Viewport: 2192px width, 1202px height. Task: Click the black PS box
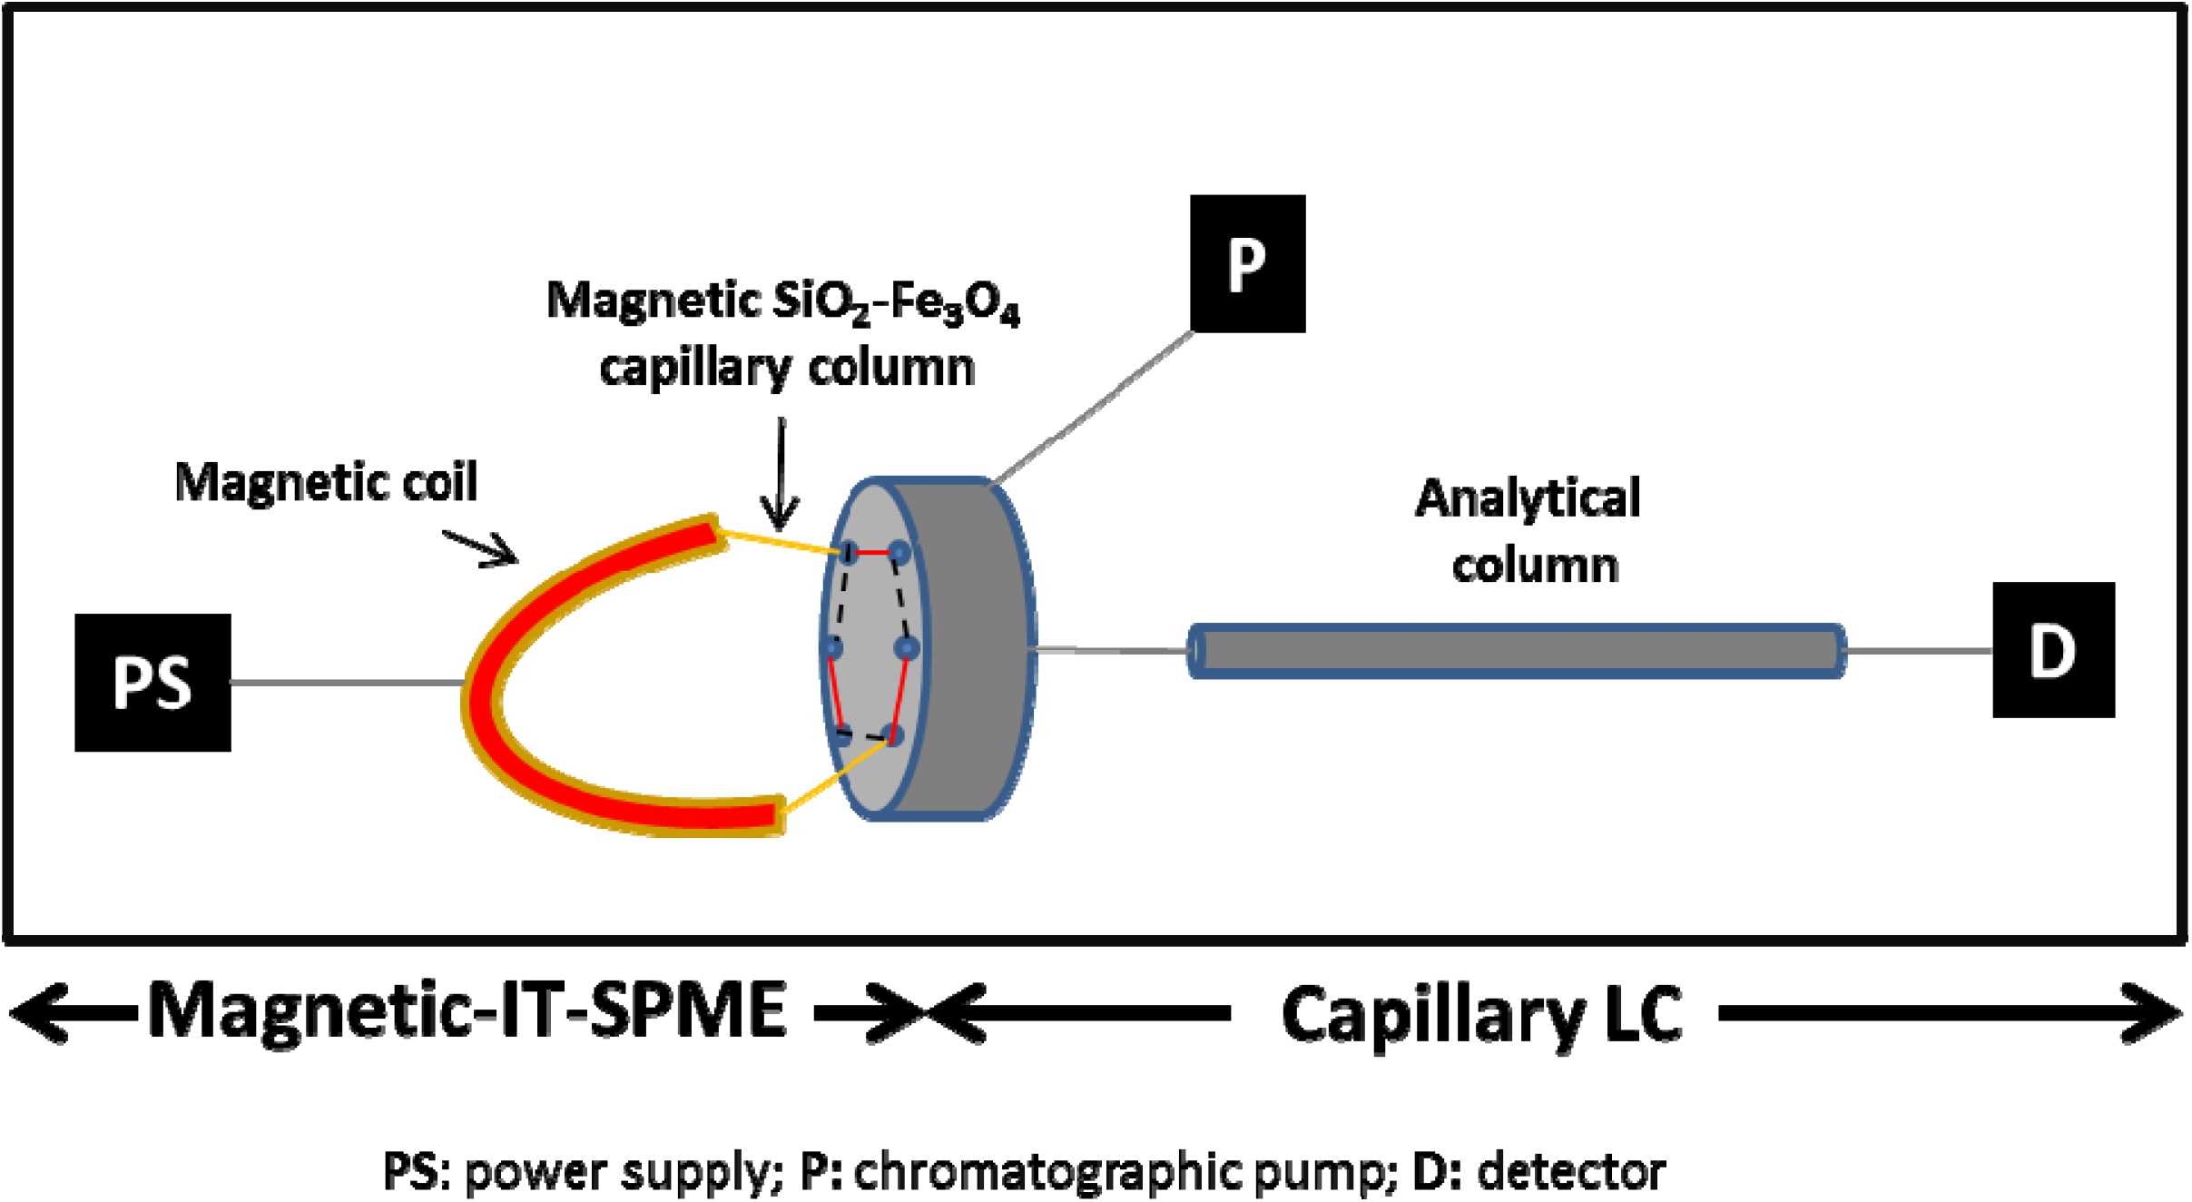click(x=152, y=682)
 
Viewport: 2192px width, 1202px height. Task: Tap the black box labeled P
click(x=1247, y=263)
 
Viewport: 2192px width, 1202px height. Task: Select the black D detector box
click(x=2053, y=650)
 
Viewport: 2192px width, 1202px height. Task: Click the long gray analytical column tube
click(x=1516, y=651)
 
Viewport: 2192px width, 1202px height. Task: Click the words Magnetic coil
click(x=326, y=482)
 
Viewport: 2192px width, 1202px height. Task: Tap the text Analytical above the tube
click(x=1528, y=498)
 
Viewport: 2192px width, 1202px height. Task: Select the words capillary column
click(x=787, y=369)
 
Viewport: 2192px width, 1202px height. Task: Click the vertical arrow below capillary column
click(x=780, y=472)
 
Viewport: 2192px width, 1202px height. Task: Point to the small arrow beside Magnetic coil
click(x=481, y=547)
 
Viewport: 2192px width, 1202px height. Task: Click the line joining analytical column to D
click(x=1919, y=651)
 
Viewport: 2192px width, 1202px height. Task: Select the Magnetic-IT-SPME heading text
click(x=467, y=1010)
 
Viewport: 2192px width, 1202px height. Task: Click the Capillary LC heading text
click(x=1481, y=1014)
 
